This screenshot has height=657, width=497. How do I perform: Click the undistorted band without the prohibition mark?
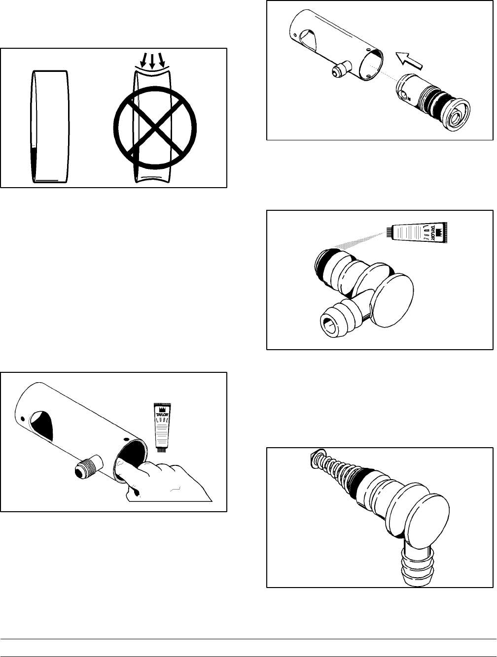pos(49,126)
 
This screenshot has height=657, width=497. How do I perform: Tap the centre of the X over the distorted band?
pos(154,126)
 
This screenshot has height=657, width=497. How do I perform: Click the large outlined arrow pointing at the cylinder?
pos(407,61)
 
